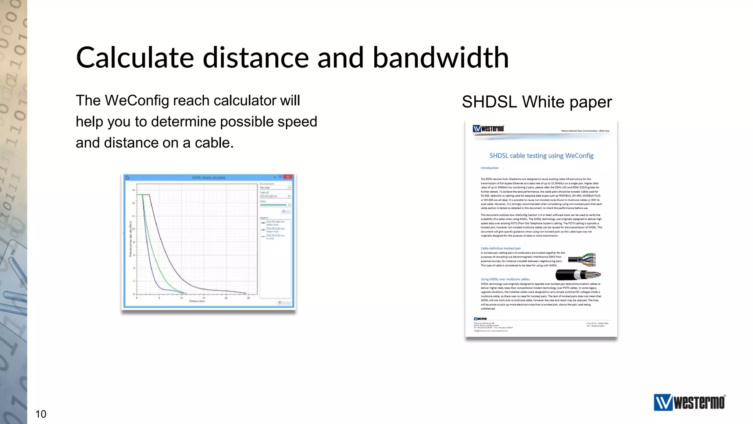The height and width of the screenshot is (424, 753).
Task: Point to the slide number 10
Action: click(41, 414)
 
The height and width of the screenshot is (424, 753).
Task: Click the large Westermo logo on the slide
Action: click(689, 402)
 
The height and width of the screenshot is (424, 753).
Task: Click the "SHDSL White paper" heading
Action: click(537, 102)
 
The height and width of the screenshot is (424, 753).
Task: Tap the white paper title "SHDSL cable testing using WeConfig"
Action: click(541, 156)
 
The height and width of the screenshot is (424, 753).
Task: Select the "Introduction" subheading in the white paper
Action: click(489, 168)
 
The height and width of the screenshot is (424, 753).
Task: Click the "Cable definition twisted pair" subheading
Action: click(500, 248)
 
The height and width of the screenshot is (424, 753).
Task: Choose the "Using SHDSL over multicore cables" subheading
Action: click(505, 279)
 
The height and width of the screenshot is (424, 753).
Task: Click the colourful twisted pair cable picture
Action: click(582, 259)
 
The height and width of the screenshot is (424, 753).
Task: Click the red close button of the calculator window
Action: click(288, 177)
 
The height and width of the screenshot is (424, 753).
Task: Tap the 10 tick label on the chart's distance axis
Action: click(181, 298)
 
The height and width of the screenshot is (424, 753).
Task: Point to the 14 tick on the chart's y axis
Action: click(133, 203)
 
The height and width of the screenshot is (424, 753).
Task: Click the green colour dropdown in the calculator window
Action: click(275, 205)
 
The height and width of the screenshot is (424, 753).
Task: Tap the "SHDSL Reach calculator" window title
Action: click(208, 178)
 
